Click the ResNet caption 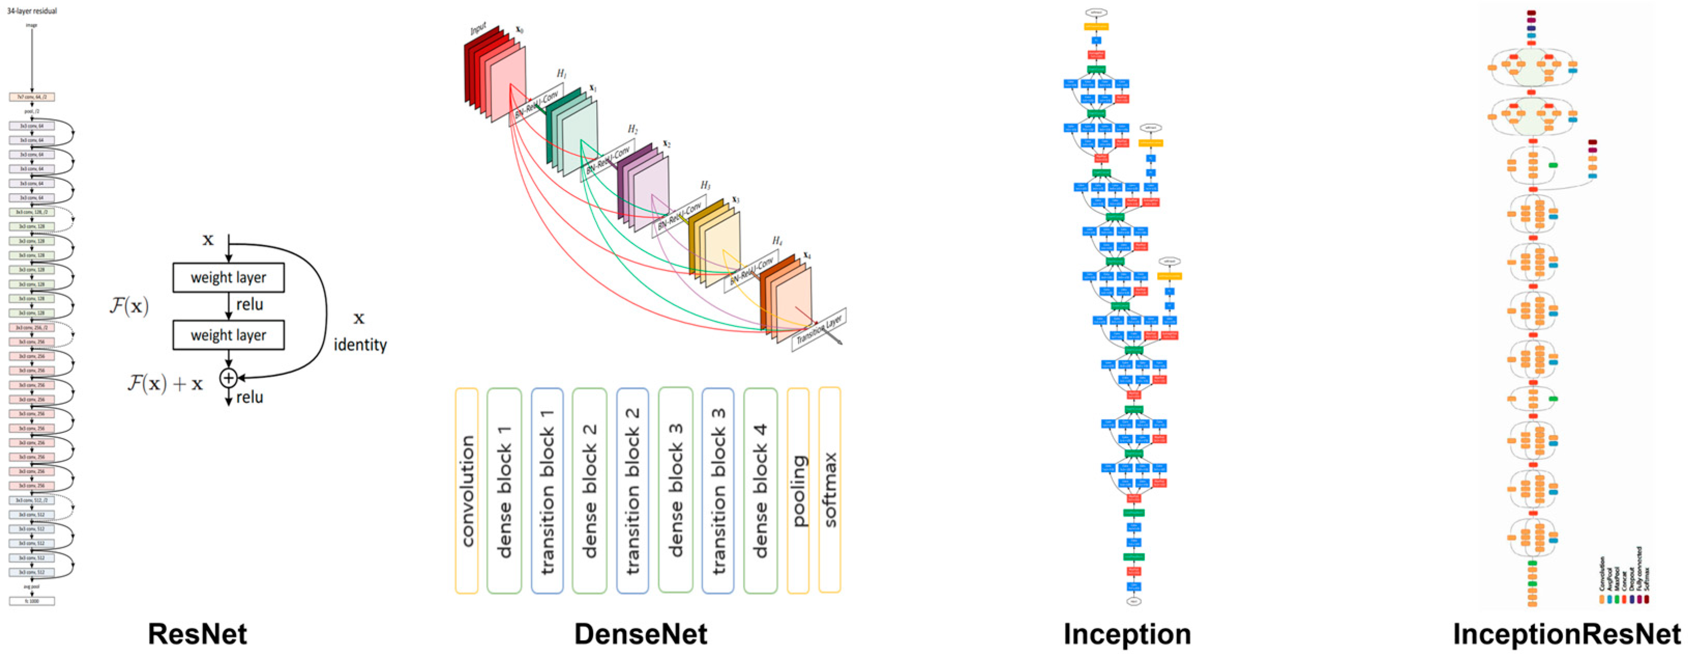tap(197, 634)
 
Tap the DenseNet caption tap(640, 634)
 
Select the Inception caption tap(1127, 634)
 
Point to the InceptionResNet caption tap(1566, 634)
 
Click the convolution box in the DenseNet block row tap(467, 490)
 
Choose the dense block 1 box tap(504, 490)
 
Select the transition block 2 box tap(632, 490)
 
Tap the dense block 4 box tap(760, 490)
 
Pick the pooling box tap(797, 490)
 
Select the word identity tap(360, 344)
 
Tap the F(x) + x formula tap(165, 383)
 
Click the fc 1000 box tap(32, 601)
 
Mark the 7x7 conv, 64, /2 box tap(32, 97)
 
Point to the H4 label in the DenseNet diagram tap(777, 241)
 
